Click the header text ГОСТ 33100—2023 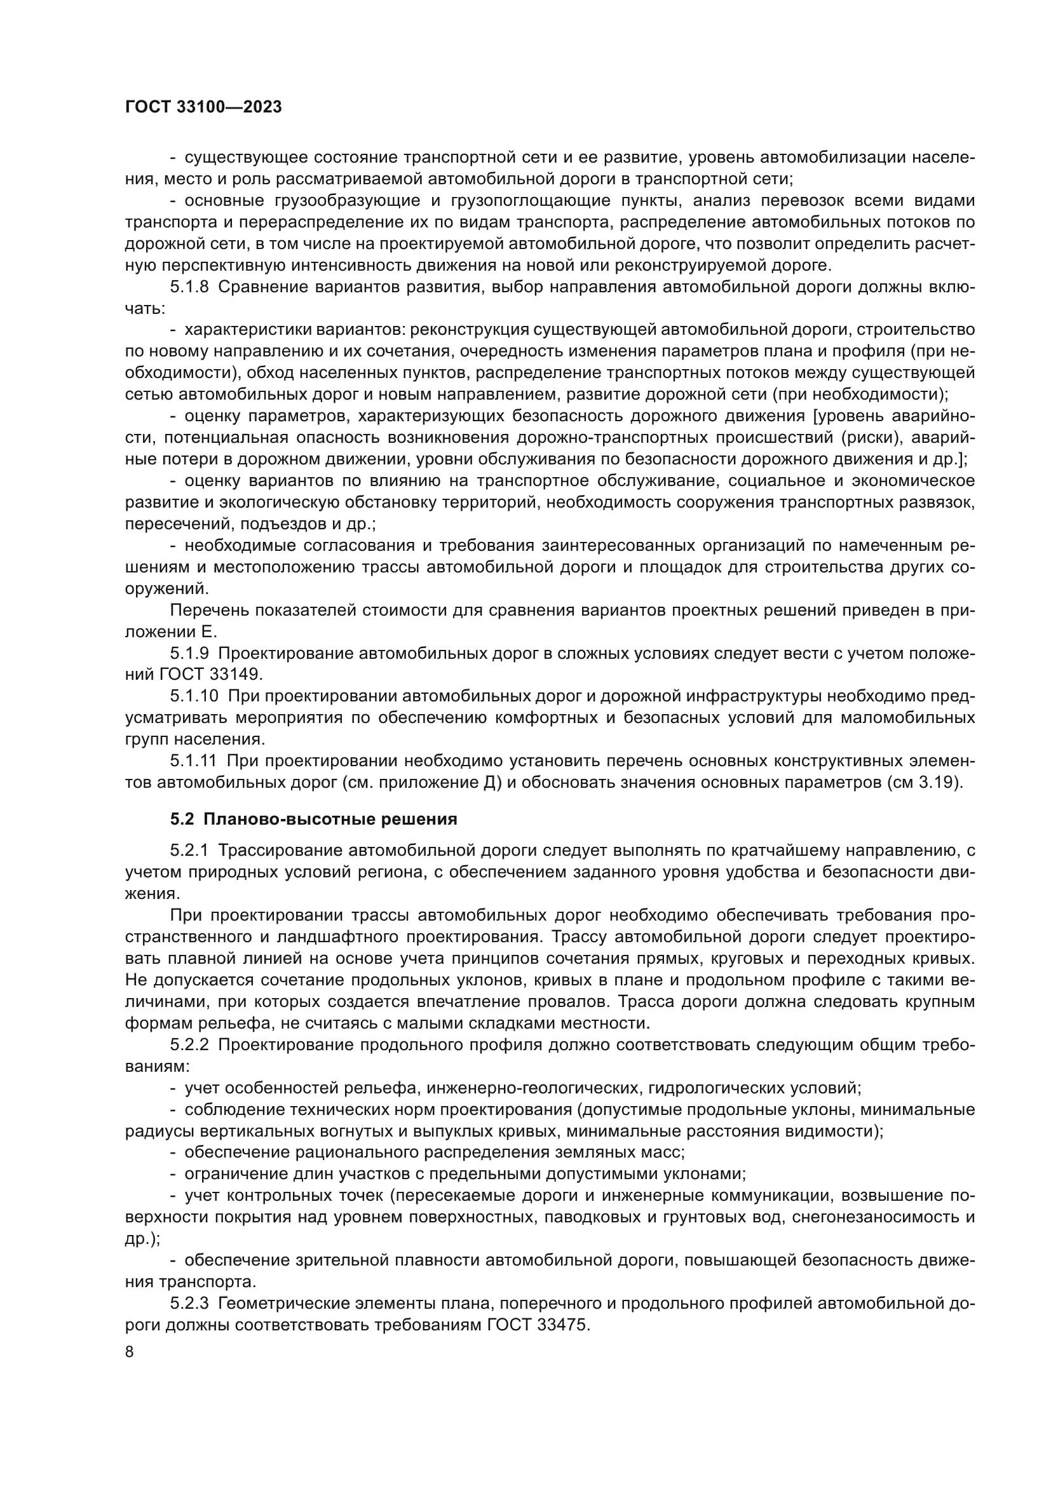coord(203,107)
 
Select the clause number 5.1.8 coord(189,287)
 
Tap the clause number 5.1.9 coord(189,653)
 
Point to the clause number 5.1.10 coord(194,696)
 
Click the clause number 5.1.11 coord(194,761)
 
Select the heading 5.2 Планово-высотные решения coord(314,820)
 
